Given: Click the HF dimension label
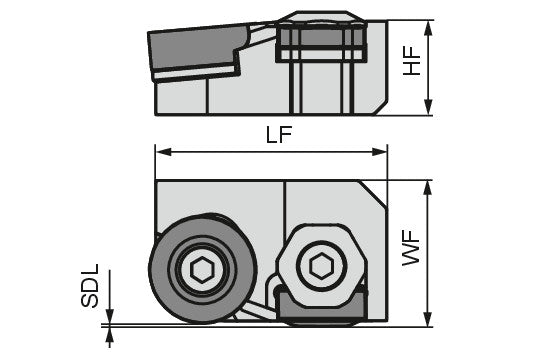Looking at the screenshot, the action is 412,61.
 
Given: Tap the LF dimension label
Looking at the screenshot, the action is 279,134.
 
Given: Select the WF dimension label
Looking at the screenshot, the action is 412,247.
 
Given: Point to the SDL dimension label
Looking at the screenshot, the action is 90,286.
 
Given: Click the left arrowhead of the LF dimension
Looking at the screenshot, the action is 163,152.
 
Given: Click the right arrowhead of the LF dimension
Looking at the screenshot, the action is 379,152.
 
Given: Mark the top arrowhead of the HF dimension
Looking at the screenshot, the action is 428,28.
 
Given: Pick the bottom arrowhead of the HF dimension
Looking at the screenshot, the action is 428,107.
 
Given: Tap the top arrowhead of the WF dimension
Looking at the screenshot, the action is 427,188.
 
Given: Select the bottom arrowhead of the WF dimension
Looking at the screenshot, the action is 427,319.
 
